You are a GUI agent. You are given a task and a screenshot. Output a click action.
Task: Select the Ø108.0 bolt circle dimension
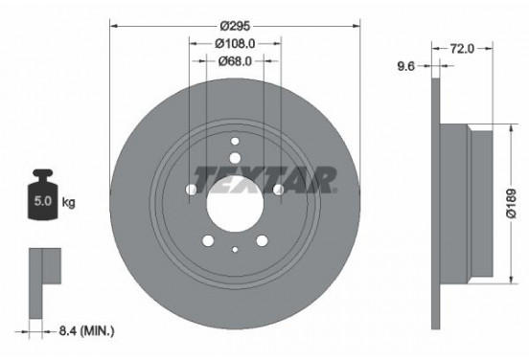click(x=235, y=42)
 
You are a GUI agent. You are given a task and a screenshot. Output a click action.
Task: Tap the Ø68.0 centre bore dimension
click(x=235, y=60)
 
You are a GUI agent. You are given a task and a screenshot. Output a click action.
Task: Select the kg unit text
click(x=69, y=204)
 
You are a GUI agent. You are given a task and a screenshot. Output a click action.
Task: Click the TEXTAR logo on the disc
click(x=265, y=179)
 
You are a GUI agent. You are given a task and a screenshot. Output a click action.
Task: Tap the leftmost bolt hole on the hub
click(x=192, y=190)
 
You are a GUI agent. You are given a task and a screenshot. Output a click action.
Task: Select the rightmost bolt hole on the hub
click(x=279, y=190)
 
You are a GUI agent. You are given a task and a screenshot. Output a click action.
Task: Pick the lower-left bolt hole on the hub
click(x=209, y=241)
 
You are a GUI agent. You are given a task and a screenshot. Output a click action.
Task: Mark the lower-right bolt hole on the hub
click(x=262, y=241)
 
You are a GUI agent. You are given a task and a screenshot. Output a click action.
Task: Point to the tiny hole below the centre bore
click(x=235, y=251)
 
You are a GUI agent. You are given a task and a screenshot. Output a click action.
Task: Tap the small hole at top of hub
click(x=235, y=142)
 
